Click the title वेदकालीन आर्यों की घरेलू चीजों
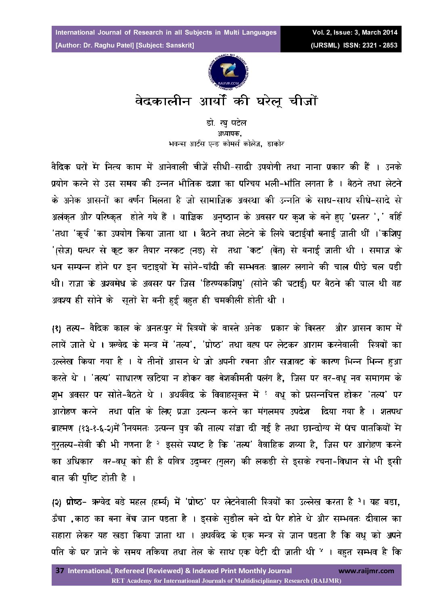click(x=226, y=101)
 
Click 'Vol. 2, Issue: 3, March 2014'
click(x=354, y=33)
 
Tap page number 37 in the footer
click(x=60, y=570)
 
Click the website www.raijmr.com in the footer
click(x=366, y=571)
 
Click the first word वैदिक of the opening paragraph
click(x=61, y=167)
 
